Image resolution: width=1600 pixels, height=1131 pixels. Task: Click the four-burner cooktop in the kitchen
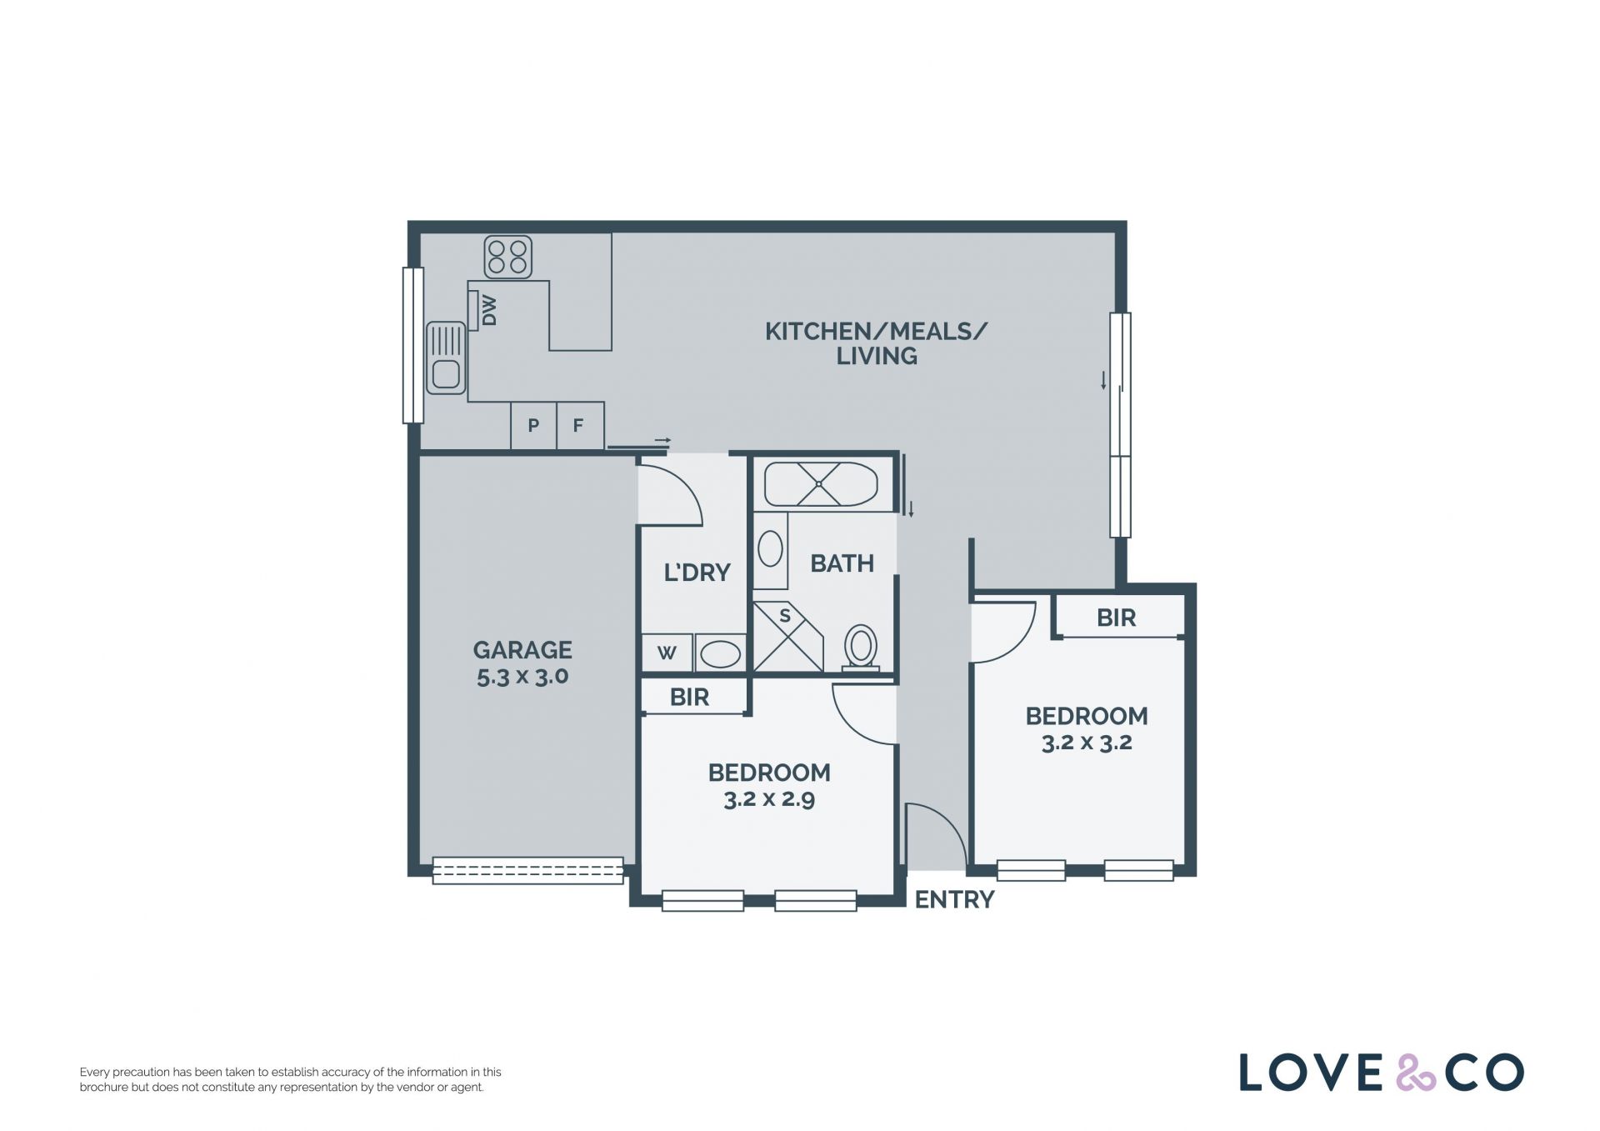pyautogui.click(x=508, y=257)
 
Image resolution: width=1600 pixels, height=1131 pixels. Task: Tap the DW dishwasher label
pyautogui.click(x=489, y=310)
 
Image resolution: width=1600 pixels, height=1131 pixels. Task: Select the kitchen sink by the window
pyautogui.click(x=446, y=358)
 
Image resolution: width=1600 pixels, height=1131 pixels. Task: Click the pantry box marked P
pyautogui.click(x=533, y=426)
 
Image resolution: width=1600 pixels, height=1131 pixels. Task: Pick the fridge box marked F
pyautogui.click(x=579, y=426)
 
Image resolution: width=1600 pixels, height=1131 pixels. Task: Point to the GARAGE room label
pyautogui.click(x=522, y=650)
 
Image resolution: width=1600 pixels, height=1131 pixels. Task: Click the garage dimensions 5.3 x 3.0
pyautogui.click(x=522, y=676)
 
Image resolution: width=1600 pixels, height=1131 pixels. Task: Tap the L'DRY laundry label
pyautogui.click(x=697, y=573)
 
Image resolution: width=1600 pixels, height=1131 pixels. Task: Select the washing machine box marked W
pyautogui.click(x=667, y=653)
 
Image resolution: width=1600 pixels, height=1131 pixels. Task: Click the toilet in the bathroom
pyautogui.click(x=861, y=648)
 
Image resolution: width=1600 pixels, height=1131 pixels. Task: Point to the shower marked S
pyautogui.click(x=787, y=638)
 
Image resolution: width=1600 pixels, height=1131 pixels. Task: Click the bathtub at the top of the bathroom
pyautogui.click(x=821, y=484)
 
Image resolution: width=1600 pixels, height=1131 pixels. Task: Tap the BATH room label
pyautogui.click(x=842, y=563)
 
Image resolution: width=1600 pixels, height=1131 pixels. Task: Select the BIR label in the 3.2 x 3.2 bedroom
pyautogui.click(x=1116, y=618)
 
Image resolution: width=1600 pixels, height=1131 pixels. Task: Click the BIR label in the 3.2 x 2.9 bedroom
pyautogui.click(x=689, y=698)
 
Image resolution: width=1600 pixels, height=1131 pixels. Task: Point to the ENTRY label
pyautogui.click(x=955, y=900)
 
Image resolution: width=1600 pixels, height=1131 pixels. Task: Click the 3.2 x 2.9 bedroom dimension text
pyautogui.click(x=769, y=799)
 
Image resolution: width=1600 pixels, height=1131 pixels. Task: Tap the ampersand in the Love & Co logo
pyautogui.click(x=1416, y=1073)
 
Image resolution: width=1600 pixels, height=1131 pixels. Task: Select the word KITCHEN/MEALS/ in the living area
pyautogui.click(x=876, y=332)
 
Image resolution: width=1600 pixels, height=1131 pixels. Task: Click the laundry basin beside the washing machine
pyautogui.click(x=720, y=653)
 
